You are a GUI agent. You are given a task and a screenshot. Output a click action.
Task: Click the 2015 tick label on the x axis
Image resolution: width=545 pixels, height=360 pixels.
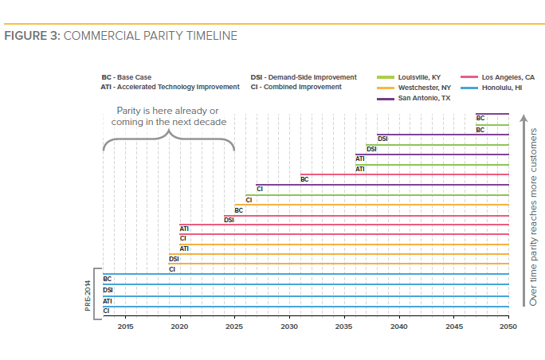coord(125,327)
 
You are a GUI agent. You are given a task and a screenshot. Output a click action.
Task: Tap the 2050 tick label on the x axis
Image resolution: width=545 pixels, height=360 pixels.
coord(508,327)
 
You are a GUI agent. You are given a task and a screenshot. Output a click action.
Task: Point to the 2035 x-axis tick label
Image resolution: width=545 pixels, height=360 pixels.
coord(344,327)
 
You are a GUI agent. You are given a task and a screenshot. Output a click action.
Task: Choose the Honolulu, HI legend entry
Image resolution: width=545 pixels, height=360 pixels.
coord(496,87)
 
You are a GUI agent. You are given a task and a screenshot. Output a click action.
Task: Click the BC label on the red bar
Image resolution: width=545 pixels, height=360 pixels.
coord(304,180)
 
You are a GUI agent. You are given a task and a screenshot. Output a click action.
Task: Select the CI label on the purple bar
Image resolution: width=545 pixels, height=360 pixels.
coord(260,189)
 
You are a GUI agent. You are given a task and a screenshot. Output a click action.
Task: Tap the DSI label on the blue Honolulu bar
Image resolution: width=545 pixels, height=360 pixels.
coord(108,290)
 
